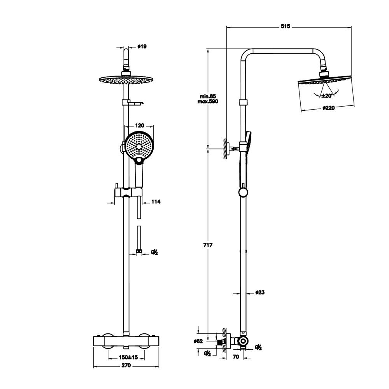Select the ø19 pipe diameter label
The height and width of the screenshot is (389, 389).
[x=142, y=47]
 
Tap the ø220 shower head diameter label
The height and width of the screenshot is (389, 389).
[x=329, y=108]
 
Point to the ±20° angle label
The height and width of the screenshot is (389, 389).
[x=327, y=96]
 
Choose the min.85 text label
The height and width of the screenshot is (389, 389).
[x=208, y=96]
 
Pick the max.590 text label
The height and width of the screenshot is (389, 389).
[x=208, y=101]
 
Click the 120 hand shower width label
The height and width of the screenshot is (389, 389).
[x=140, y=126]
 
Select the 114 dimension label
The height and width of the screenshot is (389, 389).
[x=156, y=202]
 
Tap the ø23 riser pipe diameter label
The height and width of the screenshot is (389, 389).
[x=260, y=292]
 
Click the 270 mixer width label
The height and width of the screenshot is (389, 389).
[x=126, y=366]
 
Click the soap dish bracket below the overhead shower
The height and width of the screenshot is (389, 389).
[x=132, y=103]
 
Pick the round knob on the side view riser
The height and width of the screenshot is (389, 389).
[x=242, y=192]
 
